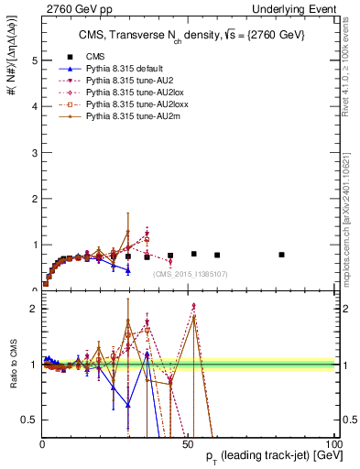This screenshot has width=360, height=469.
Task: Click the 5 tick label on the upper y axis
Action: tap(33, 60)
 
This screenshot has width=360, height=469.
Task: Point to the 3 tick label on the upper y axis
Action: tap(33, 153)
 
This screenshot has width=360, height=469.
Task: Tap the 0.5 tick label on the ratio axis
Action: tap(29, 420)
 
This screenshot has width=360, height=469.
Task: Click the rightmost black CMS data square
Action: tap(281, 255)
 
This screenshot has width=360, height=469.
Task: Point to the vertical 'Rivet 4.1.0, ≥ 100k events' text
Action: tap(353, 78)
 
